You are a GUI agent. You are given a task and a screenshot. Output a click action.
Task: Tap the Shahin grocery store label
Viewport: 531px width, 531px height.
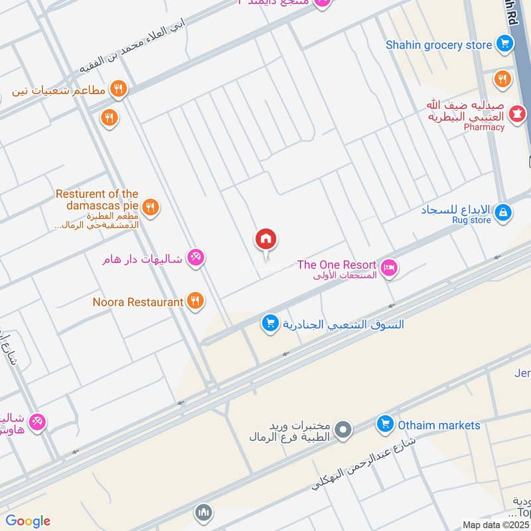pyautogui.click(x=439, y=45)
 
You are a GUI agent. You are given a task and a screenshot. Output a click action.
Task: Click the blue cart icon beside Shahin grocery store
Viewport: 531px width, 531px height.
pyautogui.click(x=505, y=44)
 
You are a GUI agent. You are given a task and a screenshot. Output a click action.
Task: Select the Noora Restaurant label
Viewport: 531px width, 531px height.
pyautogui.click(x=138, y=302)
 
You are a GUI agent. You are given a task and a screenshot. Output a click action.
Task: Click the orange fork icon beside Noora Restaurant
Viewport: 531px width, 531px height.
pyautogui.click(x=194, y=301)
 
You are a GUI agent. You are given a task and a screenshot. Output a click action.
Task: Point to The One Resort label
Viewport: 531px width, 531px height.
pyautogui.click(x=337, y=264)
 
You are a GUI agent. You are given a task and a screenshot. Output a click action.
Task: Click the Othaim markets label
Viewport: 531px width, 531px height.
pyautogui.click(x=439, y=425)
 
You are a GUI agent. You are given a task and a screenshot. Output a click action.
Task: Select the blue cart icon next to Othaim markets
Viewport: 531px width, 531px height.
pyautogui.click(x=384, y=423)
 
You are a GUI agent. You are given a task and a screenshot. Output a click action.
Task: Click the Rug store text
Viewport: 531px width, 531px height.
pyautogui.click(x=471, y=220)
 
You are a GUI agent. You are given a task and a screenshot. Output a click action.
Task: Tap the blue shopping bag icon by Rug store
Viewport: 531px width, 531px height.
pyautogui.click(x=504, y=212)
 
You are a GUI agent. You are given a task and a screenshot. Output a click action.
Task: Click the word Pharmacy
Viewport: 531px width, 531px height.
pyautogui.click(x=484, y=127)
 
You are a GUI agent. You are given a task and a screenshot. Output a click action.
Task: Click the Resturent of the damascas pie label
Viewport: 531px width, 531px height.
pyautogui.click(x=97, y=200)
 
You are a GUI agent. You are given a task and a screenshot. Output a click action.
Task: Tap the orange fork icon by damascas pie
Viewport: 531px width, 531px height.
pyautogui.click(x=151, y=207)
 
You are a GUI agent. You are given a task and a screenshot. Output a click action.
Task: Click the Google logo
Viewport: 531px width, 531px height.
pyautogui.click(x=28, y=521)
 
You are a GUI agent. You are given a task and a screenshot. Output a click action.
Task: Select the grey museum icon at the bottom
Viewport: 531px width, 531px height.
pyautogui.click(x=204, y=512)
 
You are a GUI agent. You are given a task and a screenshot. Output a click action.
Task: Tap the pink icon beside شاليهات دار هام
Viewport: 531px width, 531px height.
pyautogui.click(x=195, y=258)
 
